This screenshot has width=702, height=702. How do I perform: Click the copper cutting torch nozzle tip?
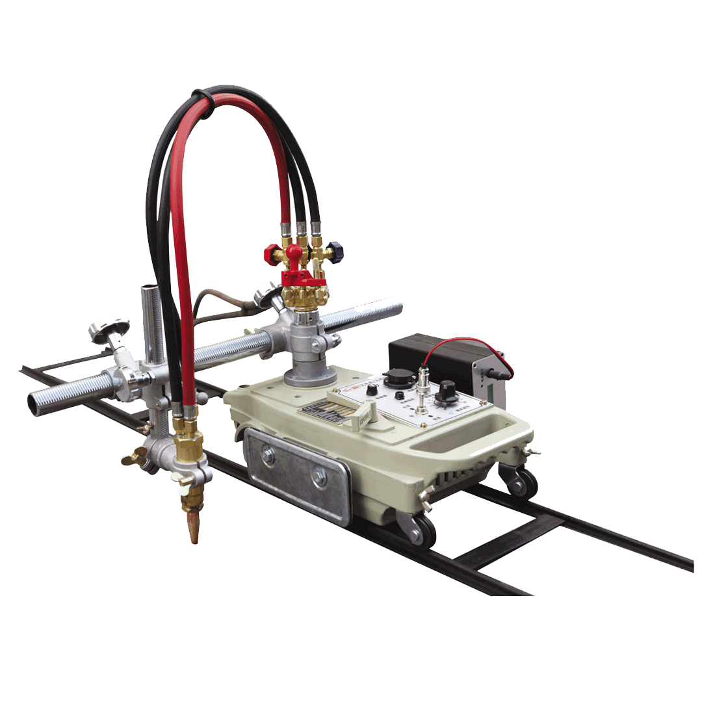(x=194, y=531)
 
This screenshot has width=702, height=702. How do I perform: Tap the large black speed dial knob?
(x=447, y=391)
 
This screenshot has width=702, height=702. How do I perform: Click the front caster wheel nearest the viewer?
(x=422, y=530)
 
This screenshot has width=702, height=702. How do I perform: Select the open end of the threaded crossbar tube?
(x=34, y=402)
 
